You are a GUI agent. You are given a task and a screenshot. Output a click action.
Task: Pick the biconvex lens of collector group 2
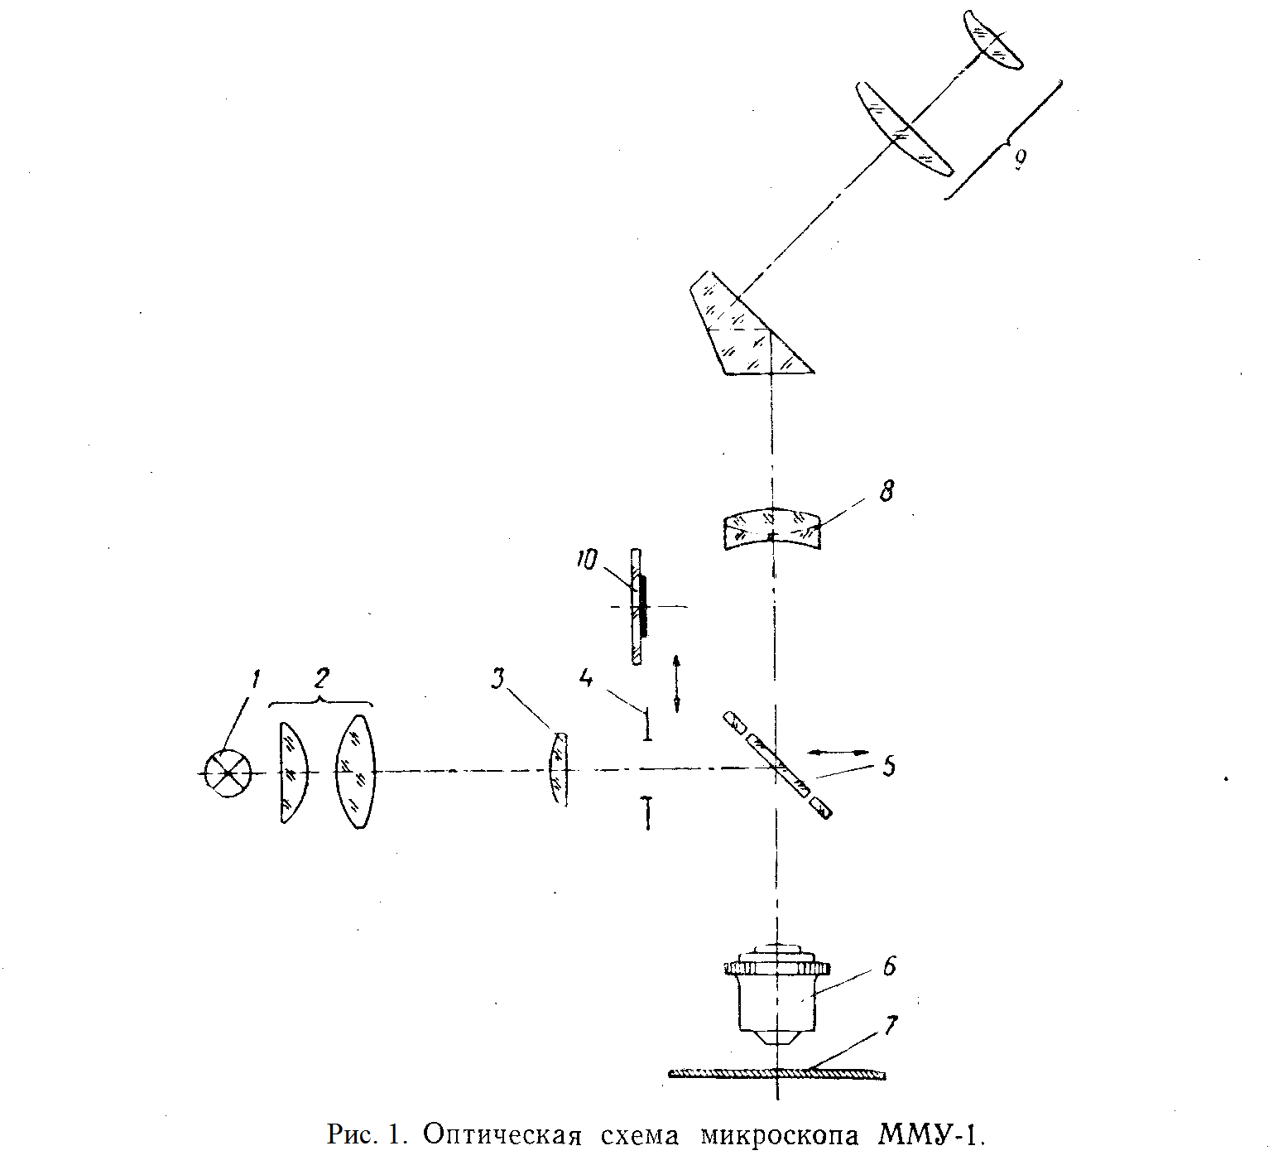click(x=356, y=772)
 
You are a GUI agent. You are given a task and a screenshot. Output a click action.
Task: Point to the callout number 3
click(x=497, y=679)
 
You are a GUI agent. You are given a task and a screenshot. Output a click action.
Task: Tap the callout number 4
click(x=586, y=678)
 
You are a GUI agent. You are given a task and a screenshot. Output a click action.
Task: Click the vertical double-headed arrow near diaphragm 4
click(x=677, y=683)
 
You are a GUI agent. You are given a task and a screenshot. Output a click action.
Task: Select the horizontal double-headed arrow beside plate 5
click(x=838, y=752)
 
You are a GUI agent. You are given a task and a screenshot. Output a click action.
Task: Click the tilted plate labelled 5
click(x=777, y=765)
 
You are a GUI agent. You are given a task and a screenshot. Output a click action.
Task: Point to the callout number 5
click(x=888, y=766)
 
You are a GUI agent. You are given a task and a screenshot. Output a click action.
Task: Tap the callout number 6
click(x=889, y=966)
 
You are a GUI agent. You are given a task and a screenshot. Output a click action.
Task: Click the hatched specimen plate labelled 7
click(x=776, y=1074)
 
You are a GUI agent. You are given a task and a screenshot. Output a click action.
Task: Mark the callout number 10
click(x=586, y=561)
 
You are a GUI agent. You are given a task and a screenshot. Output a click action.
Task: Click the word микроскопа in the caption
click(x=779, y=1136)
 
